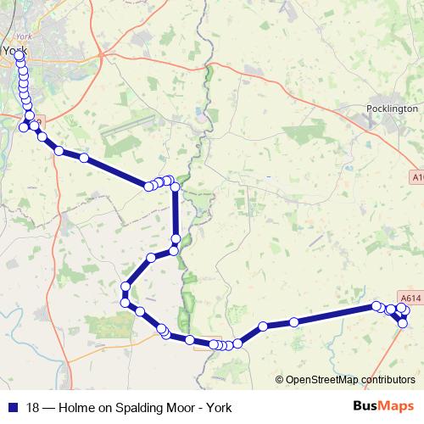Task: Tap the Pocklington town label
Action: pyautogui.click(x=392, y=109)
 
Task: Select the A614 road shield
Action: pyautogui.click(x=410, y=298)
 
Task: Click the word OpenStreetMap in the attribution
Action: pyautogui.click(x=318, y=380)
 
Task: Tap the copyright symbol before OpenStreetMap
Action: pyautogui.click(x=280, y=380)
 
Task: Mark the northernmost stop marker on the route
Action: pyautogui.click(x=19, y=56)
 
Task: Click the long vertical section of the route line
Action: pyautogui.click(x=176, y=212)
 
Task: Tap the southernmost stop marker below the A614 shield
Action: pyautogui.click(x=403, y=323)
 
